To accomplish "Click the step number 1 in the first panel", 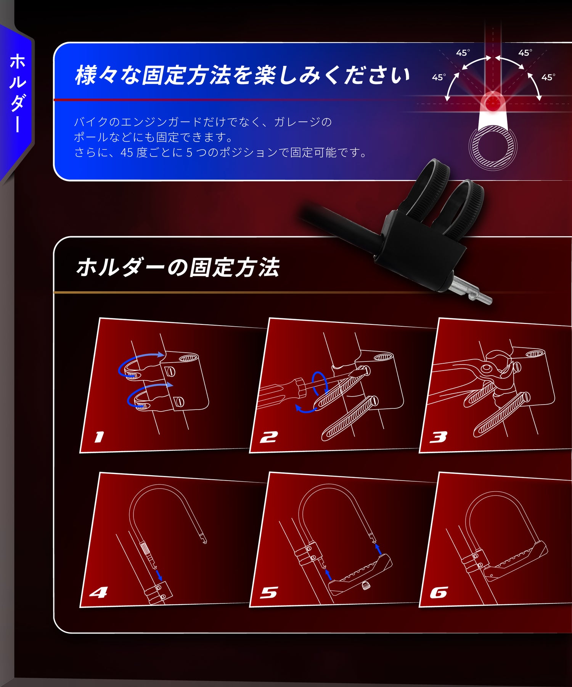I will [x=99, y=437].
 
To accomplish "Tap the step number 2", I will [x=269, y=437].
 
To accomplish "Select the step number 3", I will [x=438, y=437].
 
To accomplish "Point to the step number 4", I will [x=98, y=592].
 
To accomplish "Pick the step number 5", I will [x=269, y=592].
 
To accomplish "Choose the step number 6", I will [x=439, y=592].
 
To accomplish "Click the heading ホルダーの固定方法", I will [x=178, y=267].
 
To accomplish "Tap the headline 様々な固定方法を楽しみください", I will [x=242, y=75].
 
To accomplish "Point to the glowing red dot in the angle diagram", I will [x=493, y=102].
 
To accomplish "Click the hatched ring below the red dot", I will [x=493, y=147].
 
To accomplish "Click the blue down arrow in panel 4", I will [x=159, y=574].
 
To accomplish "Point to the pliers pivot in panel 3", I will [x=487, y=368].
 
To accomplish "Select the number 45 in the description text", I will [x=127, y=153].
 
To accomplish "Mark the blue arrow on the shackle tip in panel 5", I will [x=378, y=549].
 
